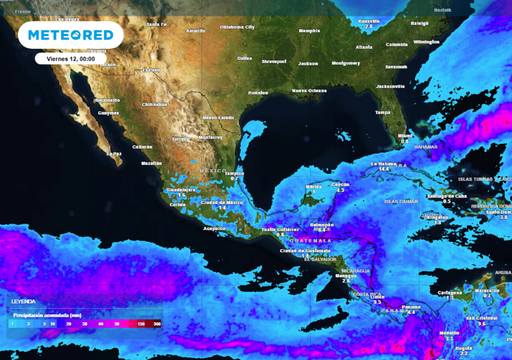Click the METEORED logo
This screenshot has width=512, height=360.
(70, 36)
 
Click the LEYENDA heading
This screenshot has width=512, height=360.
(23, 300)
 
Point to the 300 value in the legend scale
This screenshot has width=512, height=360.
(157, 324)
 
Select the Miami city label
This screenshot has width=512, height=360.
(404, 135)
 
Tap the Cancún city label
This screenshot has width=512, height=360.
(341, 184)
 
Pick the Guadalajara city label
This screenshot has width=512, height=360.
(181, 188)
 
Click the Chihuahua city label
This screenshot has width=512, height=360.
(155, 103)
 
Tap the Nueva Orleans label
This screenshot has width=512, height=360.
(310, 91)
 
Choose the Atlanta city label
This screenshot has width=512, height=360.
(336, 46)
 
